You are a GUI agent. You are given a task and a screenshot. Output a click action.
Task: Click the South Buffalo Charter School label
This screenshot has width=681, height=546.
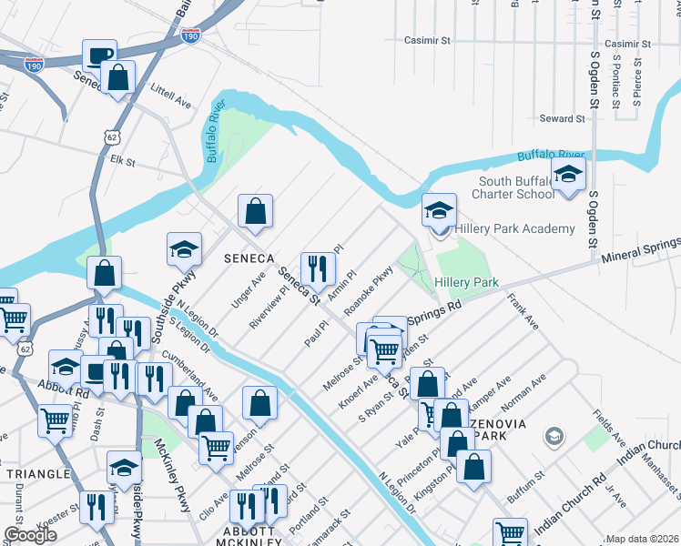point(516,187)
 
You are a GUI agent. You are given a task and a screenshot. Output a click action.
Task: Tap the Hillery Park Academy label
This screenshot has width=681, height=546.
point(514,228)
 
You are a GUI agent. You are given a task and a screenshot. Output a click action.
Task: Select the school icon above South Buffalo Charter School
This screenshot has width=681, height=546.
point(569,176)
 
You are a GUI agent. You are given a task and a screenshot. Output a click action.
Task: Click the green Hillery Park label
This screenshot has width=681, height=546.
point(466,283)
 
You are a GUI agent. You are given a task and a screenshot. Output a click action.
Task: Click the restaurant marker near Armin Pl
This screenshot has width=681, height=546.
point(318,268)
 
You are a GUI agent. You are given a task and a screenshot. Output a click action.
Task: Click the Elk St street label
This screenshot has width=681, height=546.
point(121,163)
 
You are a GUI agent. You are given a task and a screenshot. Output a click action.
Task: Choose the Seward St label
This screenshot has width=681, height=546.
point(561,118)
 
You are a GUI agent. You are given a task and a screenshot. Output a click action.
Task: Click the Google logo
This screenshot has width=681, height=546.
point(29,535)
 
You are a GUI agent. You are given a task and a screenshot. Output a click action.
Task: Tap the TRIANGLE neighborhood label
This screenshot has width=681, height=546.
point(37,474)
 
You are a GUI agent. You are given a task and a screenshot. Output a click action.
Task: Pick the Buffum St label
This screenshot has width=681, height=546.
point(526,475)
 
